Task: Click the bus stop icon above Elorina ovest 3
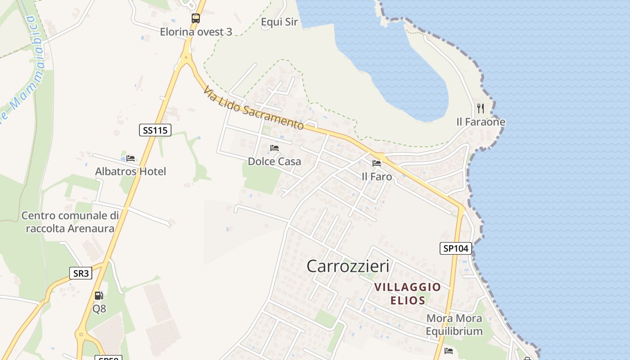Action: pyautogui.click(x=196, y=18)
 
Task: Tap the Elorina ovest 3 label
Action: pyautogui.click(x=196, y=32)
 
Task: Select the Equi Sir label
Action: pyautogui.click(x=279, y=22)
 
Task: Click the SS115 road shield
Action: pyautogui.click(x=155, y=130)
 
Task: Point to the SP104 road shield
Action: pyautogui.click(x=455, y=248)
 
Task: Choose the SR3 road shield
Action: pyautogui.click(x=81, y=273)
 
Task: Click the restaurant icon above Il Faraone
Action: pyautogui.click(x=481, y=108)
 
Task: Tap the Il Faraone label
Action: pyautogui.click(x=481, y=122)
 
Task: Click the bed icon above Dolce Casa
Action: pyautogui.click(x=274, y=148)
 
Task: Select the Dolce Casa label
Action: pyautogui.click(x=274, y=161)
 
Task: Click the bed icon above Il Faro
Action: pyautogui.click(x=377, y=163)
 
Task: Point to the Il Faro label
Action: pyautogui.click(x=377, y=177)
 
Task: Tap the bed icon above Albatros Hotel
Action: pyautogui.click(x=130, y=158)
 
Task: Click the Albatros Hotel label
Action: pyautogui.click(x=130, y=171)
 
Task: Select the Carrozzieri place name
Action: pyautogui.click(x=348, y=266)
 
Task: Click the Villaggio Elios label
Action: pyautogui.click(x=408, y=293)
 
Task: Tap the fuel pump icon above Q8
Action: pyautogui.click(x=99, y=296)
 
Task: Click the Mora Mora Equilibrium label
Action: pyautogui.click(x=454, y=325)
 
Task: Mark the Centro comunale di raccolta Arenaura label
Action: pyautogui.click(x=70, y=222)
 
